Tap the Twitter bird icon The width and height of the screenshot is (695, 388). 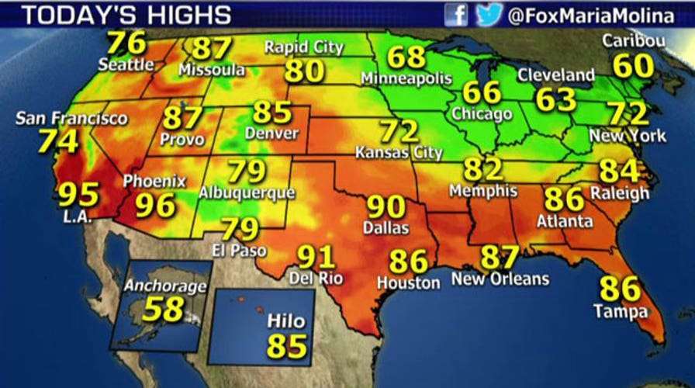(x=489, y=14)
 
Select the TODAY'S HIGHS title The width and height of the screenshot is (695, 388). (x=116, y=15)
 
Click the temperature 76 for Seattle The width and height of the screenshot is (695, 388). (x=126, y=42)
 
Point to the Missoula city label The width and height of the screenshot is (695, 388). (x=212, y=70)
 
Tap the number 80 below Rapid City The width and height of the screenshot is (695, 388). (x=304, y=71)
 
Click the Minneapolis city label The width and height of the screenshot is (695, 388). (x=406, y=78)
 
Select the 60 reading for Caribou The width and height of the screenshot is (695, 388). (x=633, y=66)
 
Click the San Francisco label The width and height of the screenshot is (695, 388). (x=71, y=119)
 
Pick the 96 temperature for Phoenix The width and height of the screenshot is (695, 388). (x=155, y=205)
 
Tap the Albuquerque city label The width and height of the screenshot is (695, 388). (x=247, y=192)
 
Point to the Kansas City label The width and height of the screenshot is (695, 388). (x=399, y=153)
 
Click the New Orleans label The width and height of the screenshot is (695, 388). (x=500, y=279)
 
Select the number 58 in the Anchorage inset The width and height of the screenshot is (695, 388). (x=162, y=309)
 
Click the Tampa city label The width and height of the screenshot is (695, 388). (x=620, y=313)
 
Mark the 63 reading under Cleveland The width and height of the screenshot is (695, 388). (x=556, y=99)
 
